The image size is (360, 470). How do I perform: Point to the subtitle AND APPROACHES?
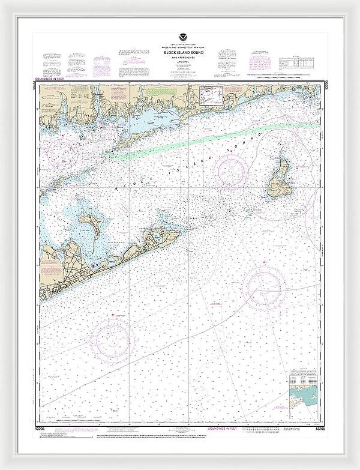tap(181, 58)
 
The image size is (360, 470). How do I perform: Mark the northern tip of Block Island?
tap(280, 147)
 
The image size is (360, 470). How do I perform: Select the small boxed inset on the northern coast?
tap(210, 95)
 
